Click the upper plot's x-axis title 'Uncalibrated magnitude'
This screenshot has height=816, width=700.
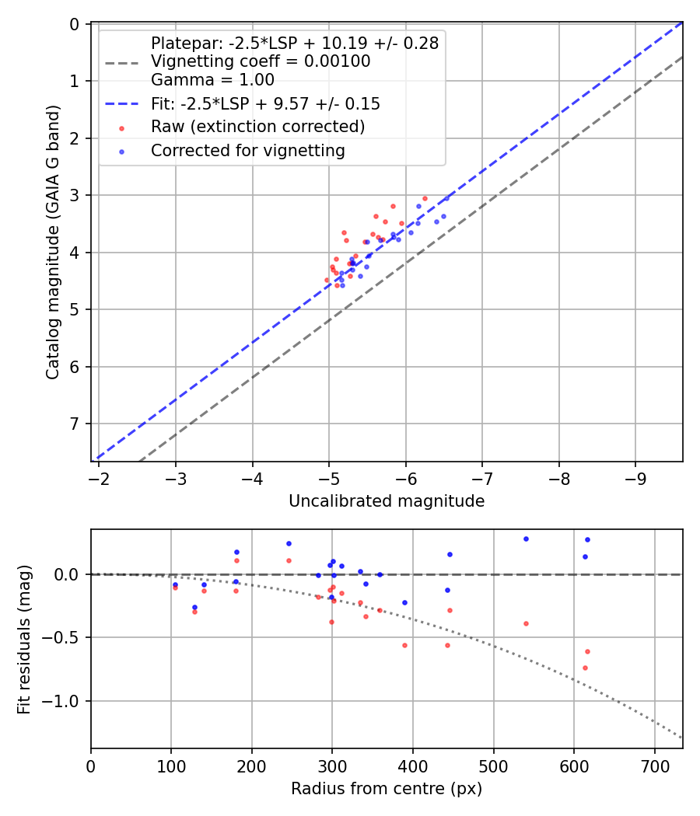[x=387, y=501]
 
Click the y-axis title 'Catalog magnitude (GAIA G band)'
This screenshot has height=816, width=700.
[x=52, y=242]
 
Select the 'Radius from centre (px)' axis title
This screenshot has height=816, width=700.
[x=387, y=789]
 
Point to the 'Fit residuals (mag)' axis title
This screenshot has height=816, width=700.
[x=24, y=639]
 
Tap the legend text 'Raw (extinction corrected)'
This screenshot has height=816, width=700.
[x=257, y=127]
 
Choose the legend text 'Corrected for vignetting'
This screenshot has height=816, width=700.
[x=247, y=151]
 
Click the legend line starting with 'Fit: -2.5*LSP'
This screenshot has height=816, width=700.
[x=265, y=103]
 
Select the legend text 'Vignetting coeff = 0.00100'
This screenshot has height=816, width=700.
[x=261, y=61]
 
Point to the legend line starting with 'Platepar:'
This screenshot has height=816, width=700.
[x=295, y=44]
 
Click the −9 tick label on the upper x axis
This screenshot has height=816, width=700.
[x=635, y=476]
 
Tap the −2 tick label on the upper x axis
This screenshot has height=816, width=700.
[x=99, y=476]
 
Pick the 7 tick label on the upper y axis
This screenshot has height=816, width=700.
[x=75, y=424]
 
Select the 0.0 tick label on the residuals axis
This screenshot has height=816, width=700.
[x=70, y=574]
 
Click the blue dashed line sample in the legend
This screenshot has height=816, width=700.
[x=121, y=103]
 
